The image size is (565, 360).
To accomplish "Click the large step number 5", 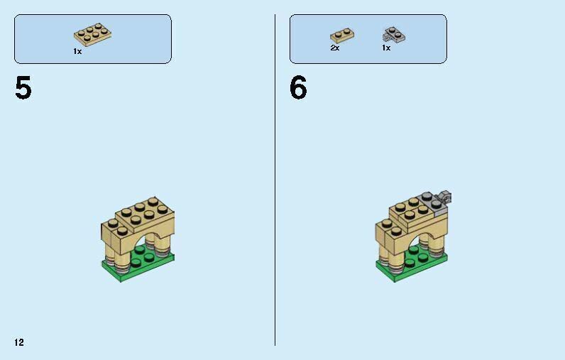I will (x=23, y=89).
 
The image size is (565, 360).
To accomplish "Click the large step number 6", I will (x=298, y=89).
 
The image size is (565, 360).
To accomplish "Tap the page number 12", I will (x=18, y=343).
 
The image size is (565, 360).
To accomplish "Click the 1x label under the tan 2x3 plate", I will (x=77, y=52).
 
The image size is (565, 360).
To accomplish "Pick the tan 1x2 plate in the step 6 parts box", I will (x=341, y=35).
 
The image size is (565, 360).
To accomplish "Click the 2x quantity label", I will (x=335, y=48).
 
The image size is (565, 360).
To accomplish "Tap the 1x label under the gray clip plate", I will (x=386, y=48).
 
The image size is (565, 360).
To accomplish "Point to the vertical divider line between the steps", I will (x=275, y=178).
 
